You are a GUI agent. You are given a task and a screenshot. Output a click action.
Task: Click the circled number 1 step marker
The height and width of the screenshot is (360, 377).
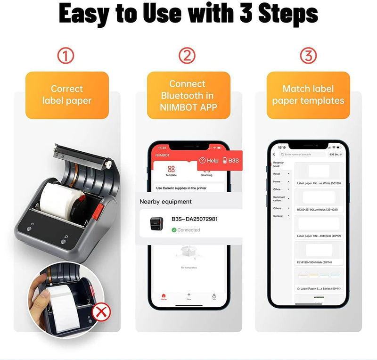(x=66, y=56)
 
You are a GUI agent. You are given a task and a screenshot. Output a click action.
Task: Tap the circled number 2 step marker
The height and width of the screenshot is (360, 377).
(x=187, y=56)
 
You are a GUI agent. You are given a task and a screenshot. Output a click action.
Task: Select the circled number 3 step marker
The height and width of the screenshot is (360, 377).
(x=308, y=56)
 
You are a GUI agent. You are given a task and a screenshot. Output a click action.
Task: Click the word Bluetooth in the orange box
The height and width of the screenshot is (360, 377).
(x=188, y=96)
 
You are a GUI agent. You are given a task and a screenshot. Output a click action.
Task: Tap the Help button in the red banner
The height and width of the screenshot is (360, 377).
(x=209, y=161)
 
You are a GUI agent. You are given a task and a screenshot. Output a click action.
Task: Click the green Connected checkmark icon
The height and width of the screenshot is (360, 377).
(x=174, y=230)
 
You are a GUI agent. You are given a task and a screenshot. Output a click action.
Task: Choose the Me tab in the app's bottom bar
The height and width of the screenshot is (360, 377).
(x=214, y=296)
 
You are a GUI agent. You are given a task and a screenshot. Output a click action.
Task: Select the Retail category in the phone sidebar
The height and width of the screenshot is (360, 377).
(x=278, y=174)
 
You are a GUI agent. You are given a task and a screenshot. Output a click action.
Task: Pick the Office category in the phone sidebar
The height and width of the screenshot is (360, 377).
(x=278, y=189)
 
